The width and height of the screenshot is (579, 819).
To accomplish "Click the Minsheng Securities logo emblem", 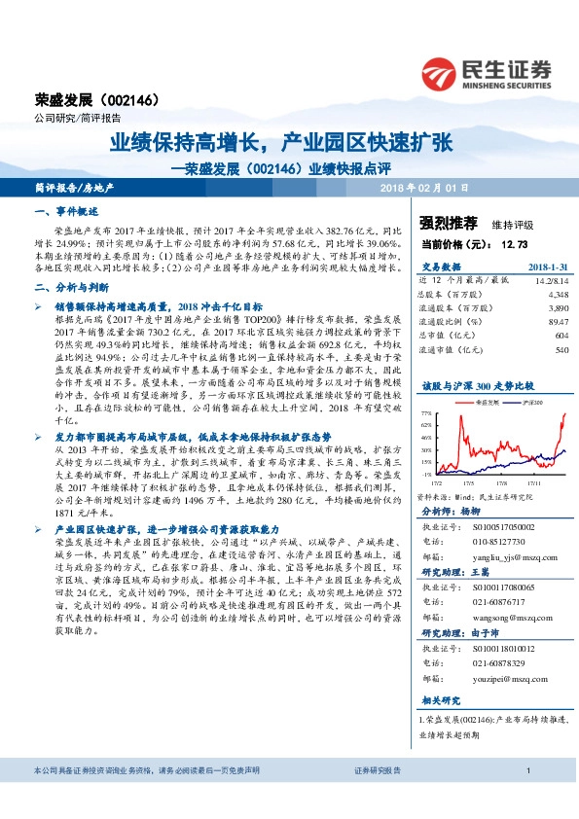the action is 441,72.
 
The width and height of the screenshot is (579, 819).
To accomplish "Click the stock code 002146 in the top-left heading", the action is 127,99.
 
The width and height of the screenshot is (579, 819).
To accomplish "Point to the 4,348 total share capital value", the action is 559,293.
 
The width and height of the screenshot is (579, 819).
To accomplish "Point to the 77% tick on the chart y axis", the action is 427,413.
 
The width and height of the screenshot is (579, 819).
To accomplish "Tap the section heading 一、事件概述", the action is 62,211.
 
